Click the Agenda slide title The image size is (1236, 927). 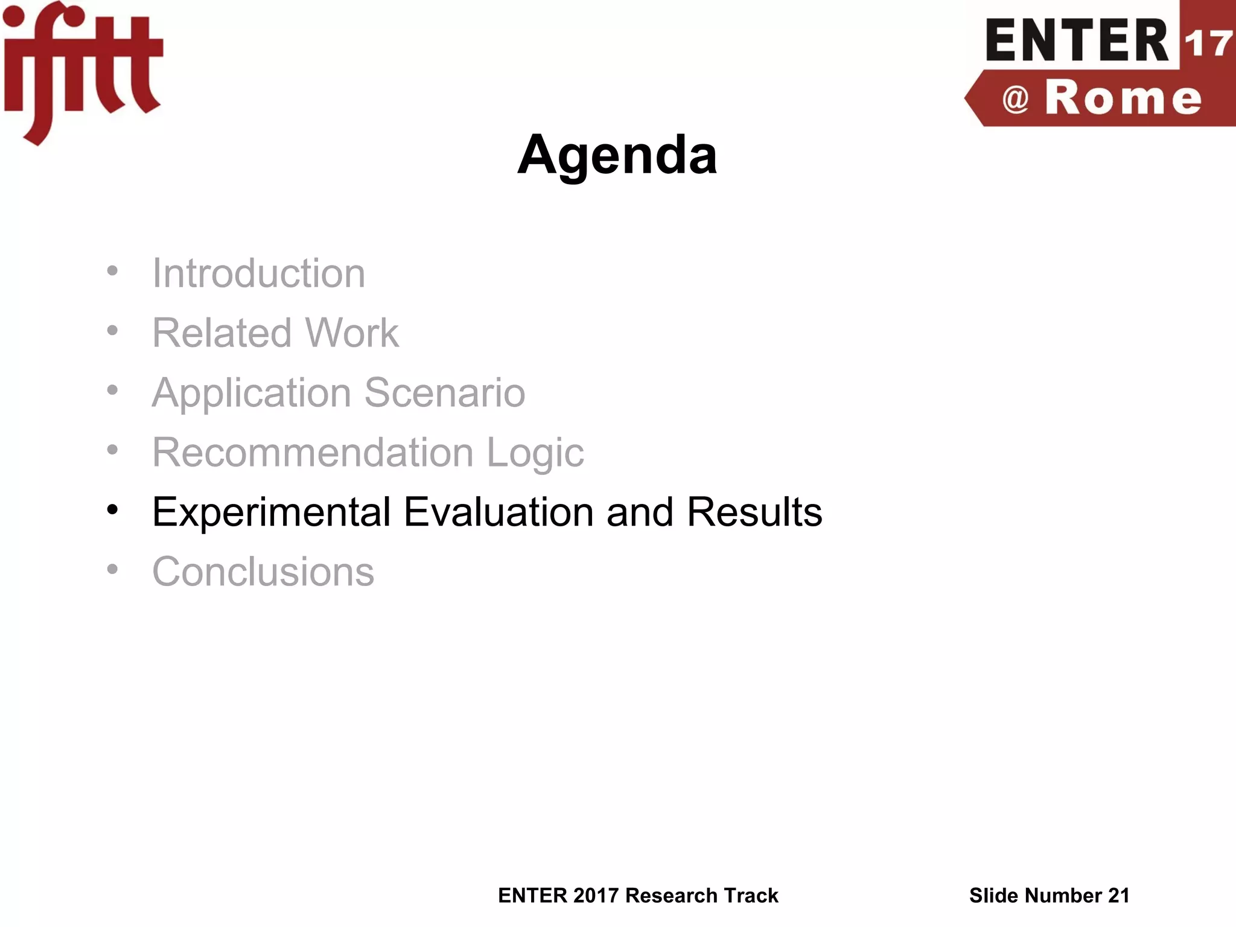point(617,156)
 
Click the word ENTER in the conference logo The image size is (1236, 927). point(1077,41)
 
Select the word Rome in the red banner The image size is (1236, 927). point(1123,98)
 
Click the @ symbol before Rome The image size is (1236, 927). point(1015,99)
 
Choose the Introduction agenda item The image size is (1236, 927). point(258,273)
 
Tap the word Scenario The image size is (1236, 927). point(445,393)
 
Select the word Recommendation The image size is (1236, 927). point(313,452)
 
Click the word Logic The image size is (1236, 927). point(535,453)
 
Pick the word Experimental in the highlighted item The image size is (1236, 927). point(271,512)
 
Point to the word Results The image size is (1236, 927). point(754,512)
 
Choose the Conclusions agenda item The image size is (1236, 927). point(263,571)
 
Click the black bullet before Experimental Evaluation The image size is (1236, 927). point(112,511)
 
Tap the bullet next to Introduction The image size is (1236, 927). point(112,272)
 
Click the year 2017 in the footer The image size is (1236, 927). point(596,896)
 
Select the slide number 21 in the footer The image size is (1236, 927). point(1118,896)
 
